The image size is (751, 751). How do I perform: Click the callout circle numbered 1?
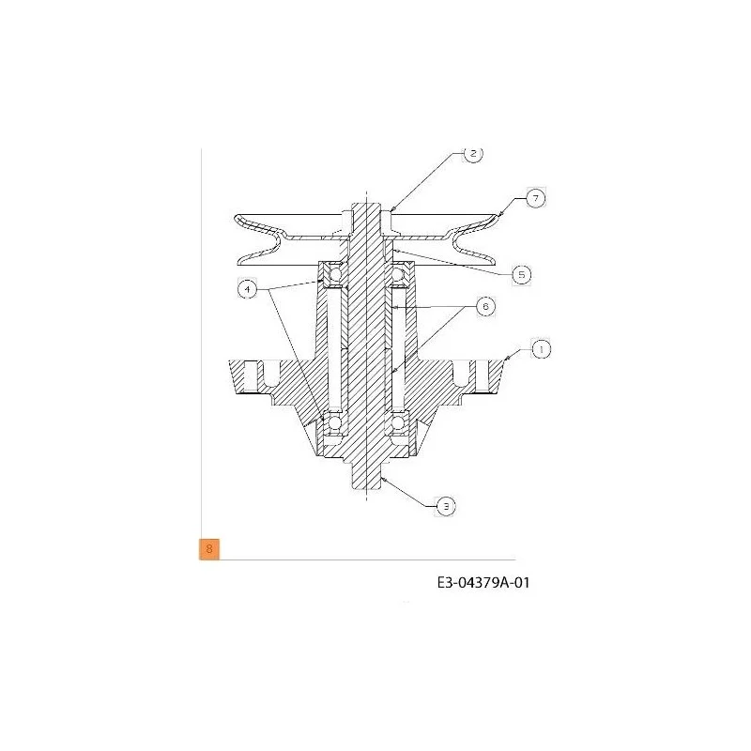coord(542,349)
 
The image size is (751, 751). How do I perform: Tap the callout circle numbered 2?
coord(473,153)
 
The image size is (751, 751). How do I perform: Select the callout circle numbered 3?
coord(446,506)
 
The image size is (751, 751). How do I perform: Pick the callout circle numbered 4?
coord(247,289)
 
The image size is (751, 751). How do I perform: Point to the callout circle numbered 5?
coord(522,275)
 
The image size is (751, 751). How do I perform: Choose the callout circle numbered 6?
coord(485,306)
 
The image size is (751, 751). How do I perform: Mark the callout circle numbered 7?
coord(535,198)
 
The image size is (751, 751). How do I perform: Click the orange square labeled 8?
coord(209,549)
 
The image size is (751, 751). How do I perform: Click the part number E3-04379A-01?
coord(483,583)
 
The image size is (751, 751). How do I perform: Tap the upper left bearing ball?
coord(335,274)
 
